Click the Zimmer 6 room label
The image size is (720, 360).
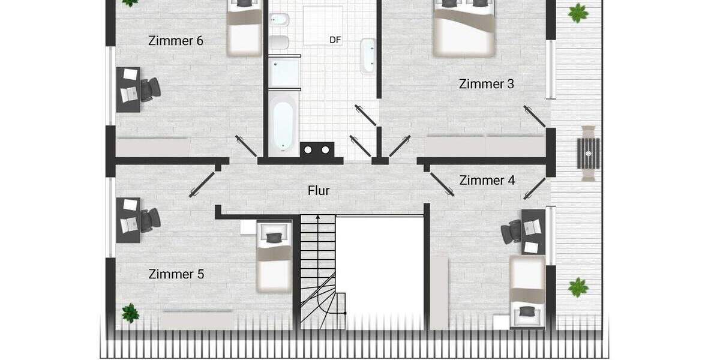click(x=175, y=41)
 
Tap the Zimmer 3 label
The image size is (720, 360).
click(x=487, y=84)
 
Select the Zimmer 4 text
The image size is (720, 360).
click(x=487, y=180)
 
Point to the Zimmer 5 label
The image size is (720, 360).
click(x=176, y=274)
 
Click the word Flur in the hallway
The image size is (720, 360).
click(x=319, y=191)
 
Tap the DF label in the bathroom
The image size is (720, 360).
click(x=335, y=40)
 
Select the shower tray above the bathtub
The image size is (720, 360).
click(x=283, y=72)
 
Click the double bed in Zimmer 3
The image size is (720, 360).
click(x=464, y=28)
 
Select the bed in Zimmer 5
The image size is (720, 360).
click(x=274, y=256)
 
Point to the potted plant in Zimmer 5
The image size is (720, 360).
click(x=130, y=313)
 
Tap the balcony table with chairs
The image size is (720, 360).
click(x=588, y=153)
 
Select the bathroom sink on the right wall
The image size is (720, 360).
click(x=367, y=55)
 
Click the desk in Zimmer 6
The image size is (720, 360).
click(x=128, y=89)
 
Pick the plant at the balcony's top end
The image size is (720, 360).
click(x=577, y=13)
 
